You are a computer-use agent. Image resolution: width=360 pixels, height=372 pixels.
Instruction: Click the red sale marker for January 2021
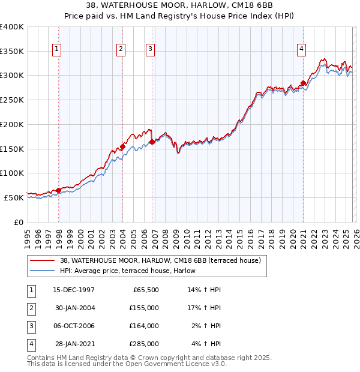(304, 83)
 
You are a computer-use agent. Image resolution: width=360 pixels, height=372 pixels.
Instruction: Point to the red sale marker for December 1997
(59, 190)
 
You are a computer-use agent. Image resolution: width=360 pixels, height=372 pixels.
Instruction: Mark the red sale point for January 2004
(122, 146)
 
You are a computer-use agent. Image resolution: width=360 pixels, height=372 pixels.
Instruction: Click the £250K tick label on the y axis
(12, 100)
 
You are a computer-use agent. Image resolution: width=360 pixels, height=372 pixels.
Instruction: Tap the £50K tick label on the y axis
(14, 197)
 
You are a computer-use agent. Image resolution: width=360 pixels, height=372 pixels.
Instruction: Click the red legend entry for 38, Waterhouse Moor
(160, 261)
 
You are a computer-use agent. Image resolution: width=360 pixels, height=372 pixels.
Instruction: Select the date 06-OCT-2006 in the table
(74, 326)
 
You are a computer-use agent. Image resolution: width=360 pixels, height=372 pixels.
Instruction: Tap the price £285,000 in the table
(144, 344)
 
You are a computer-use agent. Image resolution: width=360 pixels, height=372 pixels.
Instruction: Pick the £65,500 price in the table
(146, 290)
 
